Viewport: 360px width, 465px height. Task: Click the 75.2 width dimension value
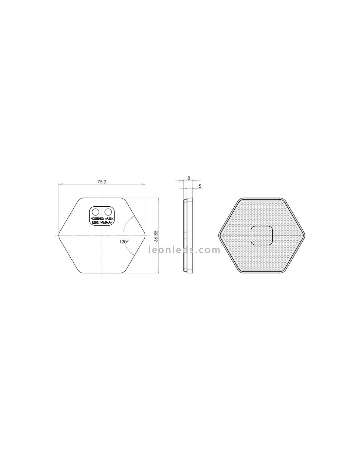(102, 182)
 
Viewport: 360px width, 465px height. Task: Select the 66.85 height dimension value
(156, 236)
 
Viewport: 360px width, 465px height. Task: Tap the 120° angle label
(124, 242)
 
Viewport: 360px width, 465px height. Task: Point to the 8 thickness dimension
(189, 178)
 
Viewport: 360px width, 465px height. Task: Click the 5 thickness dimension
(200, 186)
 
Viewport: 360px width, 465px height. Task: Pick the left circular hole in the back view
(95, 212)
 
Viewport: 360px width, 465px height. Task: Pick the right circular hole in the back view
(108, 212)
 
